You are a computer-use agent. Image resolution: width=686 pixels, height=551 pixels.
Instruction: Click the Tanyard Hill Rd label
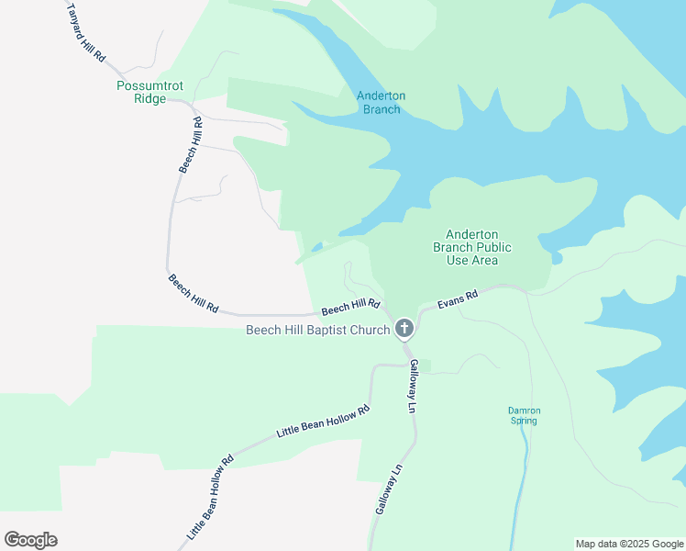[x=87, y=31]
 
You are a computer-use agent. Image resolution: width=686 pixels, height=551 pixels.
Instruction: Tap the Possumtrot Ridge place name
[x=150, y=92]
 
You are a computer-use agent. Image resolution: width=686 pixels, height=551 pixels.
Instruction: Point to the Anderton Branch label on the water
[x=381, y=103]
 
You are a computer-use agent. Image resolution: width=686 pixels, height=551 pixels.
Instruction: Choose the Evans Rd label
[x=458, y=300]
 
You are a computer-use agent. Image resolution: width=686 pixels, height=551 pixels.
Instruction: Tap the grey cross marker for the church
[x=404, y=328]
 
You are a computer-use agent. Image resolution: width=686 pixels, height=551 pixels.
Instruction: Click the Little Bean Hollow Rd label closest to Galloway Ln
[x=323, y=422]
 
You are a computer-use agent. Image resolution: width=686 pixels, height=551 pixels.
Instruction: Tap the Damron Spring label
[x=524, y=415]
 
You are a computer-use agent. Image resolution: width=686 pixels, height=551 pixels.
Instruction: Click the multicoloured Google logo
[x=31, y=540]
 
